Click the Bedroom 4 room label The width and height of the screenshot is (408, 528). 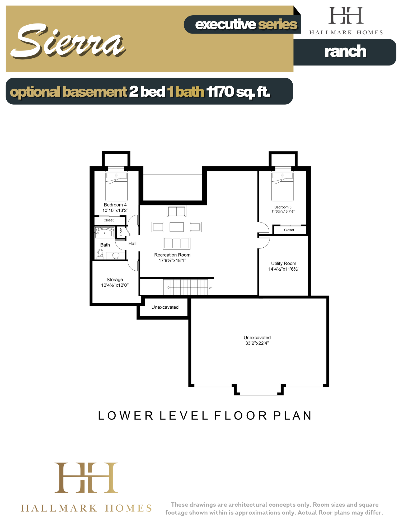click(115, 205)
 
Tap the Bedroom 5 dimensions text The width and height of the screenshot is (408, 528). click(283, 211)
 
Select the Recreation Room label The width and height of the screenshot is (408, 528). click(172, 255)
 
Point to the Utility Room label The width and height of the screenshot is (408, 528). click(284, 263)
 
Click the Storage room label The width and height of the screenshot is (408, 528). click(115, 280)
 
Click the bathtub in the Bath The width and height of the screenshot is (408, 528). click(105, 233)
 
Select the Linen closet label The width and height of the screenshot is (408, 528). click(121, 232)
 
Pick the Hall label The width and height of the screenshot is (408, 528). click(132, 243)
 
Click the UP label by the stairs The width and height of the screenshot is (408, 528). click(210, 288)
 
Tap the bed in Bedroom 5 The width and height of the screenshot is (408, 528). click(283, 186)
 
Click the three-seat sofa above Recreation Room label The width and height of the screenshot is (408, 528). click(177, 243)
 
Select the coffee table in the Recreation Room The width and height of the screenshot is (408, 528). click(177, 227)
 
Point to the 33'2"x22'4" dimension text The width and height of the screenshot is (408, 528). click(257, 343)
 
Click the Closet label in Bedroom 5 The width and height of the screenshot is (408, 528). click(289, 230)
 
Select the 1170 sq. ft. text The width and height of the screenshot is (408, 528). click(238, 92)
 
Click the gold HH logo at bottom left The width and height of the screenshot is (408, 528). click(86, 478)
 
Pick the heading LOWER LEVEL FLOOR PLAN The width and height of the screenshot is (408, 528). click(205, 416)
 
